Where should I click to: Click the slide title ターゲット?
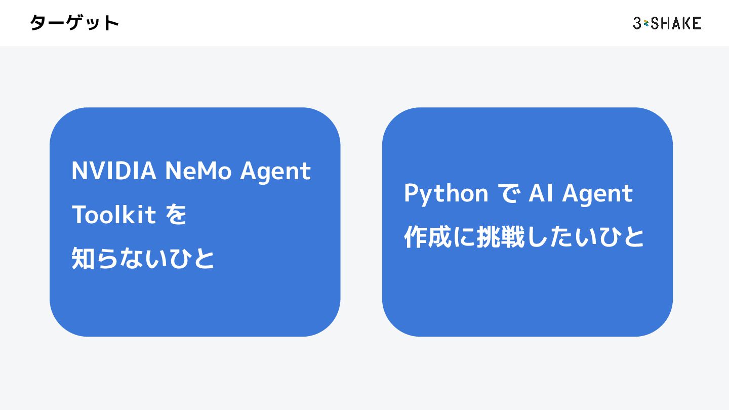74,23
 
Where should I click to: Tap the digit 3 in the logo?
637,23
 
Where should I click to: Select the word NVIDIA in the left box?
114,171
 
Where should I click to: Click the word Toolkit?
114,215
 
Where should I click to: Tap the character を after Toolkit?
176,215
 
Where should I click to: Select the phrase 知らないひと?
143,259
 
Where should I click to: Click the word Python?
446,194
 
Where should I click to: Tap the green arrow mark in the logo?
646,23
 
